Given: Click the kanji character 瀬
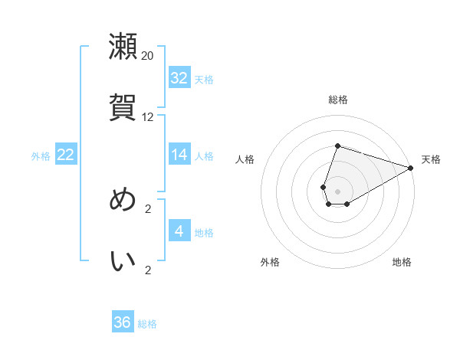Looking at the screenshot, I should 123,46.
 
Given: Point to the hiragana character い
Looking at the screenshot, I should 123,260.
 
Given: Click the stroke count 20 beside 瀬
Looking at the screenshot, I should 148,55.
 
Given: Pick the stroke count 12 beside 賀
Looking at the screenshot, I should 148,117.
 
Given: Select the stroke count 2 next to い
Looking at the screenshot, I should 148,270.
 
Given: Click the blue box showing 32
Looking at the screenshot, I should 179,77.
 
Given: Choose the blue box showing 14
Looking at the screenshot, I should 179,155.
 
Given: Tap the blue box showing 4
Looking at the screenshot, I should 179,231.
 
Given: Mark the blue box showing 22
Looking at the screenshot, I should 66,155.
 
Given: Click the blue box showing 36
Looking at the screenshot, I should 123,322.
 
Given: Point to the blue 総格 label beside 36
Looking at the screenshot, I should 147,324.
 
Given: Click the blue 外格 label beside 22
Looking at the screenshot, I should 41,156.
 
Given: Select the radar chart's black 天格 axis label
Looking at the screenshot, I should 431,159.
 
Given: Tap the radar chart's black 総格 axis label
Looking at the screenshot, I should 338,100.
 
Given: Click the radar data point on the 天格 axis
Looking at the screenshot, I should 411,168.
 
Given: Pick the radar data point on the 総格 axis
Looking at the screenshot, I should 337,146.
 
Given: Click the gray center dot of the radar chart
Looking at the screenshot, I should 337,189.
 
